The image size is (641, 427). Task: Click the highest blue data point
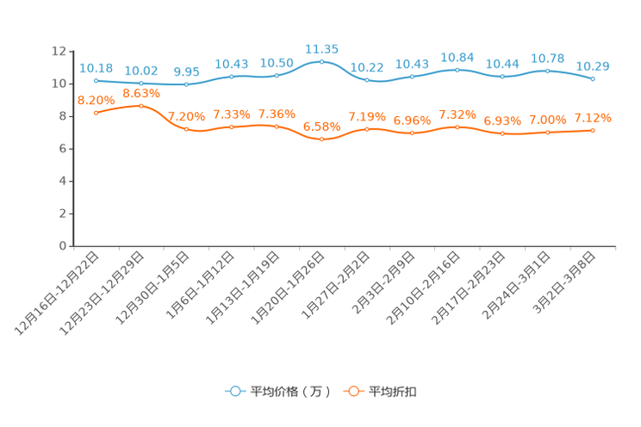click(x=321, y=62)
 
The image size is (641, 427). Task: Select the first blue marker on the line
click(x=96, y=80)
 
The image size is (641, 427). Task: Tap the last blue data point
click(x=593, y=79)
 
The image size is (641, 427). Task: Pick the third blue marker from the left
click(x=186, y=84)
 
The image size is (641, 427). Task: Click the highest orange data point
click(x=141, y=105)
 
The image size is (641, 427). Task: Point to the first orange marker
click(x=96, y=113)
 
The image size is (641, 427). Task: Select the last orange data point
click(x=593, y=130)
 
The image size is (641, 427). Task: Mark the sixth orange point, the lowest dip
click(x=321, y=139)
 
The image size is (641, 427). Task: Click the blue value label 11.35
click(x=321, y=48)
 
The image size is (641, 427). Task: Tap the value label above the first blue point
click(x=96, y=66)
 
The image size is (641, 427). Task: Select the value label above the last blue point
click(x=593, y=65)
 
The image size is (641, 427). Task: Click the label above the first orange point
click(x=94, y=99)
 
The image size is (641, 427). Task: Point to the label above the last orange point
click(x=594, y=117)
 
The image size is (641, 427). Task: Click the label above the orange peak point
click(x=141, y=91)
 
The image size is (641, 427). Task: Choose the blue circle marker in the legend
click(x=234, y=391)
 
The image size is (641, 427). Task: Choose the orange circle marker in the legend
click(x=352, y=391)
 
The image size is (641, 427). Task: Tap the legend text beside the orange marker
click(x=394, y=392)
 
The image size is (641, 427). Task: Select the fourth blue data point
click(x=232, y=77)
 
